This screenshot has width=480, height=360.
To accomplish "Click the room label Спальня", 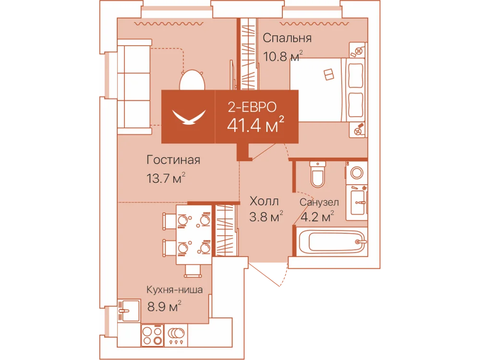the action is [287, 38].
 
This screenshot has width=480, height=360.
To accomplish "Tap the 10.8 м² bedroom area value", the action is [283, 56].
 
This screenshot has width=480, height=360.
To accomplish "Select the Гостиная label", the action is [173, 160].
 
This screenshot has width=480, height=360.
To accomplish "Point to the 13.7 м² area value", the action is [166, 178].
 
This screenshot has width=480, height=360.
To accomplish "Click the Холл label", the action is [264, 202].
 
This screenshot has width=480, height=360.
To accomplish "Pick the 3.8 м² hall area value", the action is [266, 217].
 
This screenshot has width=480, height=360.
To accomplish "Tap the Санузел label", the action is [319, 203].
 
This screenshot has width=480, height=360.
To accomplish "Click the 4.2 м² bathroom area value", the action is [317, 217].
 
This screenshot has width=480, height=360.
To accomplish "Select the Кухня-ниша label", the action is [175, 289].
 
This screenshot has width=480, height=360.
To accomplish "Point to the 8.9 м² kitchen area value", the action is [164, 306].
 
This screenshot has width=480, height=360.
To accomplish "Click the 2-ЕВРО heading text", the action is [252, 107].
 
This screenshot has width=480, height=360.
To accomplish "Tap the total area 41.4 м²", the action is [256, 125].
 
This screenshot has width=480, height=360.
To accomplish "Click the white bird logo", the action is [189, 117].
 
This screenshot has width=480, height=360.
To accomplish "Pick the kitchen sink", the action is [129, 311].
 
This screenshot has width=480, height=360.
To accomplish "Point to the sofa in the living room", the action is [134, 86].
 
